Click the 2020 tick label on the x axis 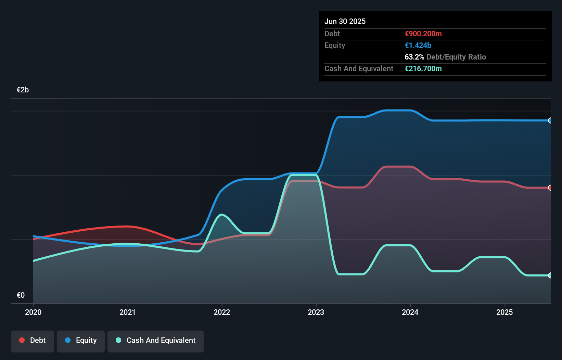33,312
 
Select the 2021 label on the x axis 127,312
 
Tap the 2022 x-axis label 222,312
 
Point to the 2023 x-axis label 316,312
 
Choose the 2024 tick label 410,312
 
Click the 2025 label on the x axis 504,312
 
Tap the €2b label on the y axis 23,90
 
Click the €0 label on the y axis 21,295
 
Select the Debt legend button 33,340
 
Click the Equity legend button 81,340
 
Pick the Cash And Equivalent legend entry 156,340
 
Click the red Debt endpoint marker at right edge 550,188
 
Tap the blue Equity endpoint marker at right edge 550,120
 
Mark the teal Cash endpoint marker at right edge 550,275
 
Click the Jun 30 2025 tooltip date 345,21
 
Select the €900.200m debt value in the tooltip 423,34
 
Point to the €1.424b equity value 418,45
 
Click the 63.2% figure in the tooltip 414,57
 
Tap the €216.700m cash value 423,68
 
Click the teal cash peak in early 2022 222,215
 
